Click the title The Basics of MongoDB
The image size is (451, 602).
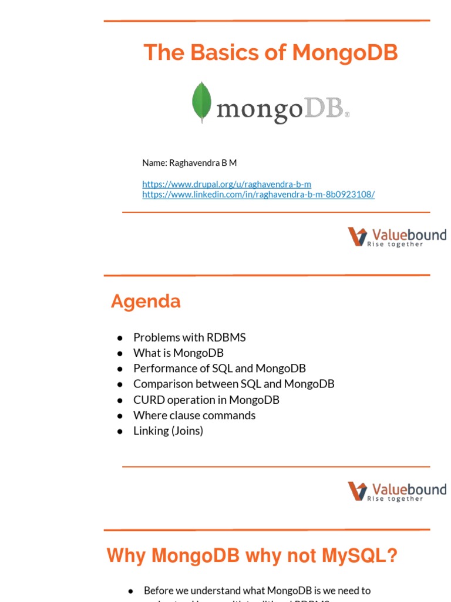[271, 53]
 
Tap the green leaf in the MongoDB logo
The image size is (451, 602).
[201, 102]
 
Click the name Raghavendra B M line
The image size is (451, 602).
[189, 162]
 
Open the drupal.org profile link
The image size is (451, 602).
[227, 184]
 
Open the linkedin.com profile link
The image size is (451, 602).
[258, 194]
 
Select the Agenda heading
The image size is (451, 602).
[146, 302]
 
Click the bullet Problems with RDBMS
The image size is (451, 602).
[189, 337]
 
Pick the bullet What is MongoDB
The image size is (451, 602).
[178, 353]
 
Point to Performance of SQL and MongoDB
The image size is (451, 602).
[219, 369]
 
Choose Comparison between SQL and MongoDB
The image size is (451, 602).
[234, 384]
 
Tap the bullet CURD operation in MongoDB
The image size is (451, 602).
[206, 400]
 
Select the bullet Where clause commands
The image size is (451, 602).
[194, 415]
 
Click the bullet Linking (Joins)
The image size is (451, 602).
[168, 431]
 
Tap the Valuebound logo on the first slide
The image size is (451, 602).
[397, 237]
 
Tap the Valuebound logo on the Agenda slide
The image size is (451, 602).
[397, 491]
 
